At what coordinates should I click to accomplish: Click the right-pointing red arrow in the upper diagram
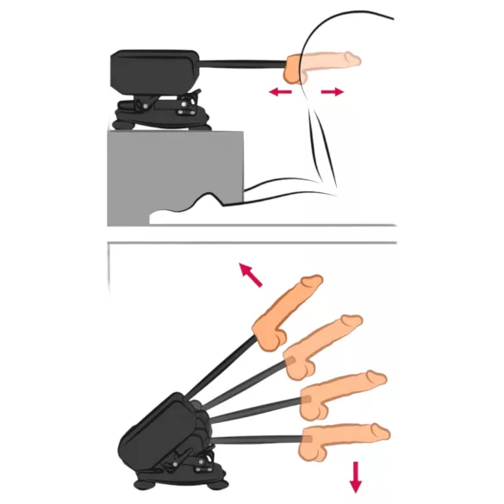[x=331, y=90]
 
